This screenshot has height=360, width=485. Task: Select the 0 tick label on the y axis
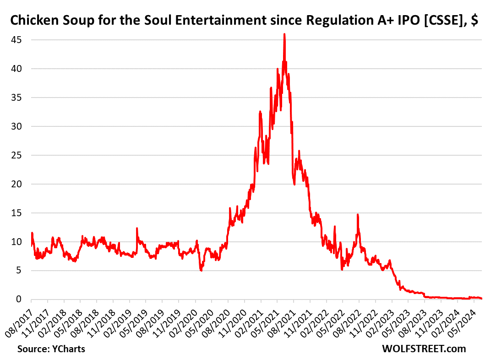coord(20,300)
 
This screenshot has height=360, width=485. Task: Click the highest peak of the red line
coord(284,34)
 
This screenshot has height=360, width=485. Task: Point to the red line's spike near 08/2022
coord(358,215)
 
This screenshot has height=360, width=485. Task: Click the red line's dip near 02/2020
coord(201,271)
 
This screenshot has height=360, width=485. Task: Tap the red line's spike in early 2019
coord(136,228)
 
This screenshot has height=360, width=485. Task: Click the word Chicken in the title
coord(30,21)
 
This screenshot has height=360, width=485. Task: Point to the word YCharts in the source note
coord(70,349)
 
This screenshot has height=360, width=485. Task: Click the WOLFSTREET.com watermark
coord(424,349)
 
